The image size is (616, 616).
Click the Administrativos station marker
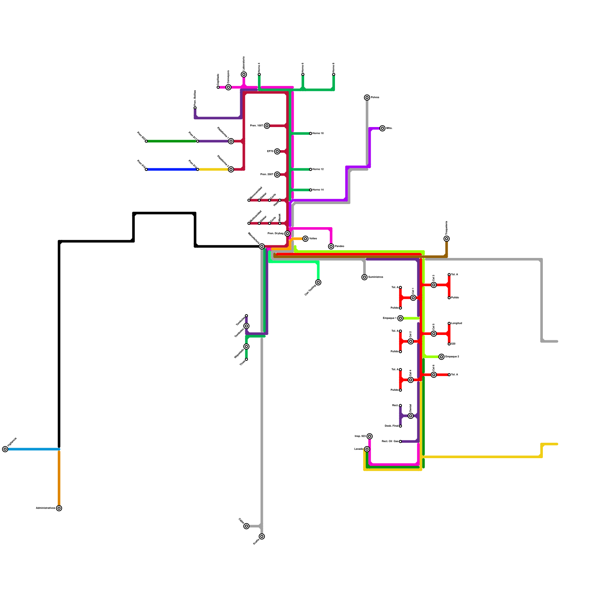pos(59,508)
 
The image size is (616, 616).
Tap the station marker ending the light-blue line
pos(5,449)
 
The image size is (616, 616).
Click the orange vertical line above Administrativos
pos(59,477)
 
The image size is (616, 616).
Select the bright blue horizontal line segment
pos(172,169)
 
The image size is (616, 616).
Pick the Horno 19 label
pos(318,134)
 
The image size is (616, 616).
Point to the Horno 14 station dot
pos(311,190)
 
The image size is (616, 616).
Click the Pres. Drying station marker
pos(287,234)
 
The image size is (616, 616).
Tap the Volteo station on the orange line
pos(305,239)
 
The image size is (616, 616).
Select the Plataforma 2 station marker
pos(231,169)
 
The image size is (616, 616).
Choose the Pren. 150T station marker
pos(267,126)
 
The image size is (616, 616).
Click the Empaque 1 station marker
pos(400,318)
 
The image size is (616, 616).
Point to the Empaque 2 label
pos(452,357)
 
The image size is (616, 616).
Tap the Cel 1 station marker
pos(413,298)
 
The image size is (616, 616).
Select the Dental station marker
pos(411,416)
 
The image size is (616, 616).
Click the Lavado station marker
pos(367,449)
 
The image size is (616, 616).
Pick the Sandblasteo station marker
pos(365,277)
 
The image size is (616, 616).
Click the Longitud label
pos(457,323)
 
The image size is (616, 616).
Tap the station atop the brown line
pos(447,239)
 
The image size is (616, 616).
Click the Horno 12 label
pos(318,169)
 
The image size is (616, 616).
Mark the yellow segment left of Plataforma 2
pos(214,169)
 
